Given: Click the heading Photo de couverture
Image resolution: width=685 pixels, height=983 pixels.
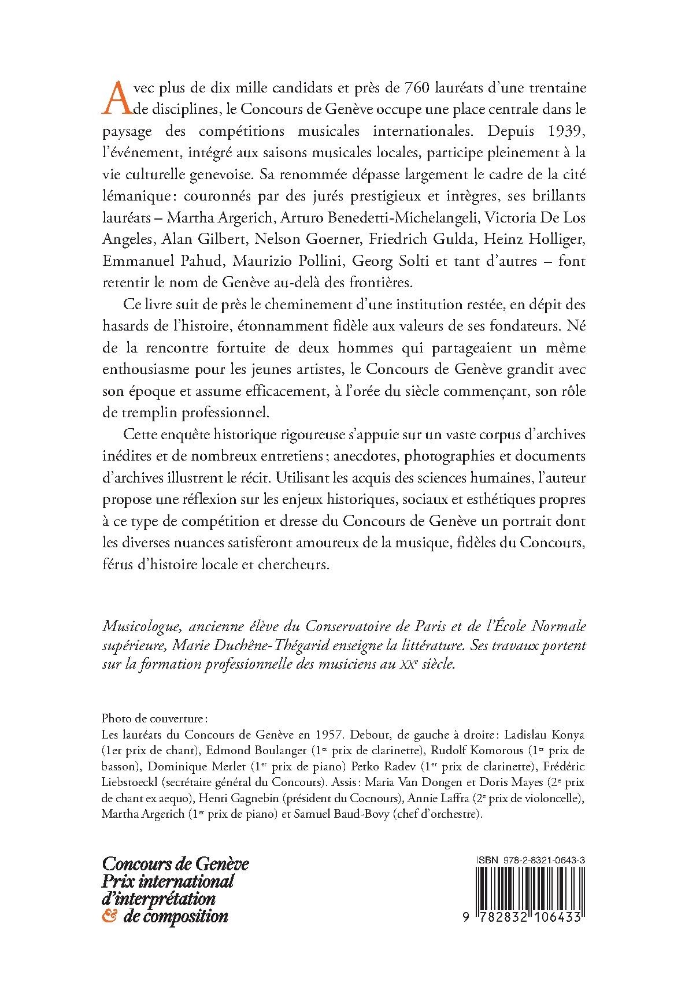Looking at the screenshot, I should click(153, 719).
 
